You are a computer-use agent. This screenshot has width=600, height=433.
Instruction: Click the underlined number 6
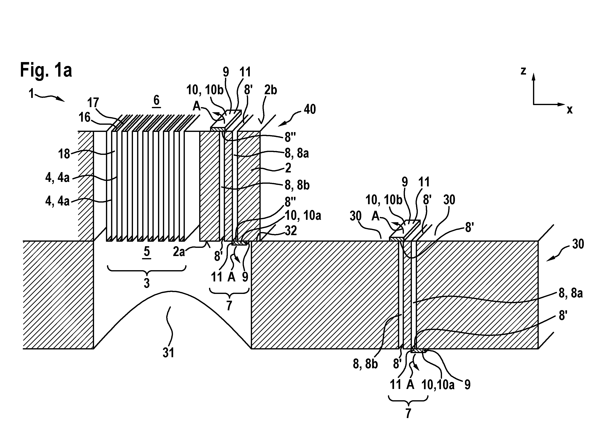point(156,101)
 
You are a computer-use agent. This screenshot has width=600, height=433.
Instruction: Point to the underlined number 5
point(147,252)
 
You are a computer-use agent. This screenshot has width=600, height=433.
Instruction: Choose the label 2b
point(270,90)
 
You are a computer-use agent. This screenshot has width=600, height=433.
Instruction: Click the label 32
point(291,231)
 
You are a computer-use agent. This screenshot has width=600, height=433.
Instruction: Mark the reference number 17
point(93,103)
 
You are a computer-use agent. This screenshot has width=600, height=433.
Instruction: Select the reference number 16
point(85,117)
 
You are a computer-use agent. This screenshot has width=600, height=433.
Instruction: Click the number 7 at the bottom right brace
point(408,413)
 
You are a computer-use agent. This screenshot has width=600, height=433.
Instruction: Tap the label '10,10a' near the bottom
point(438,385)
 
